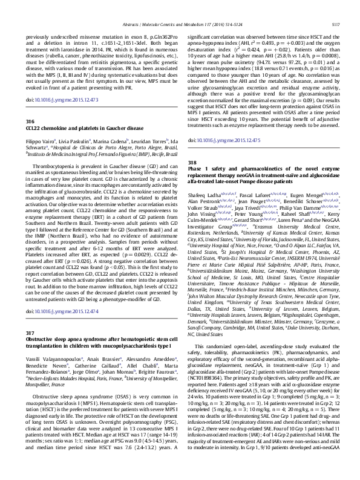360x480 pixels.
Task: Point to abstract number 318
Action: tap(192, 146)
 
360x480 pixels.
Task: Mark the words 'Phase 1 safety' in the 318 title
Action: tap(209, 154)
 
